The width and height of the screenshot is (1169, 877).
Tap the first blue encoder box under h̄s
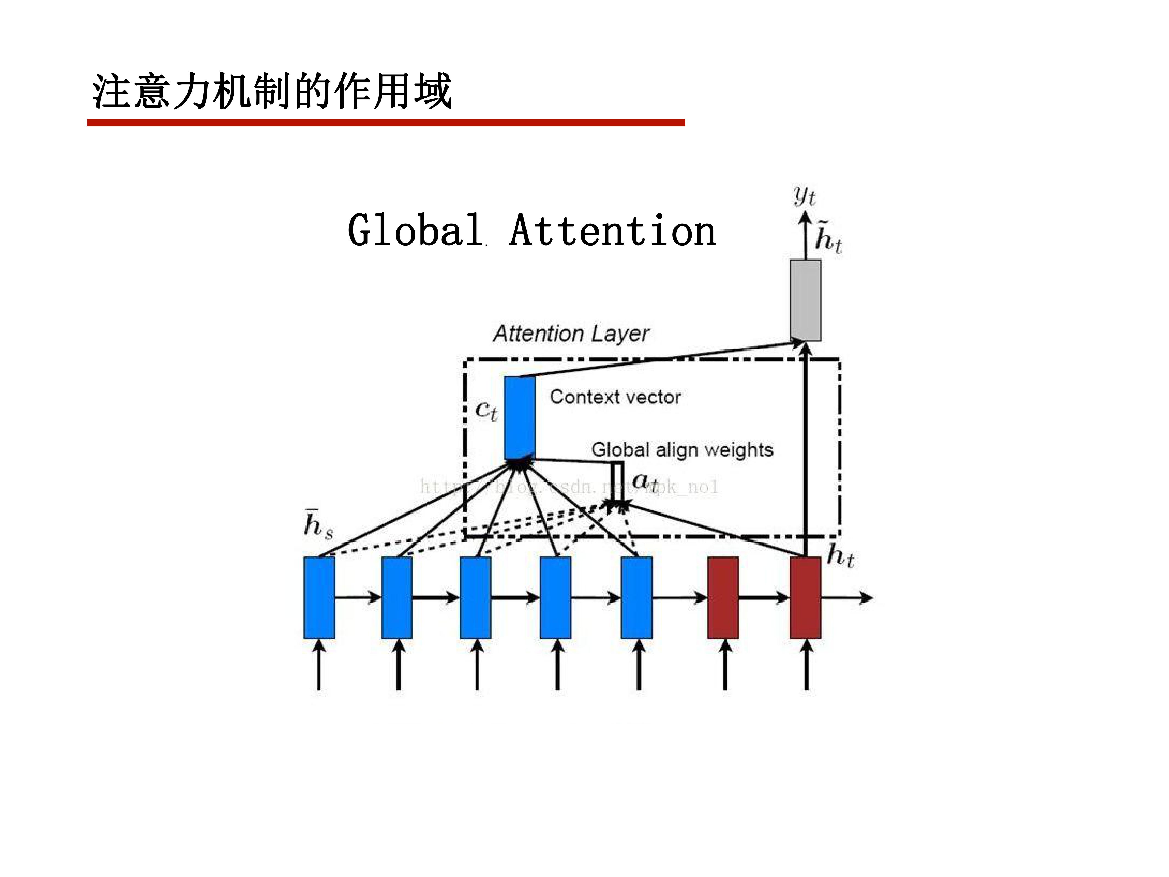(x=319, y=597)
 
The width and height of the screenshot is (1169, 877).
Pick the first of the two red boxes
(x=723, y=597)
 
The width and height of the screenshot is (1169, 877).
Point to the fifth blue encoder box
(x=636, y=597)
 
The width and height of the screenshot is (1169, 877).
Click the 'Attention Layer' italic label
(x=571, y=334)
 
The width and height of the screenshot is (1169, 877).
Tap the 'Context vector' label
(x=615, y=397)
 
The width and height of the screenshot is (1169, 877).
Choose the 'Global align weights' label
(x=682, y=450)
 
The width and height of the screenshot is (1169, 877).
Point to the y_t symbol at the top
(x=804, y=196)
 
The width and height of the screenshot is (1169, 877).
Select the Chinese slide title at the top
(x=272, y=92)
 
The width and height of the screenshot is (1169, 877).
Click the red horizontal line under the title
(x=386, y=123)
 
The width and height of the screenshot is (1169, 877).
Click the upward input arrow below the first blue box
(x=319, y=665)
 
